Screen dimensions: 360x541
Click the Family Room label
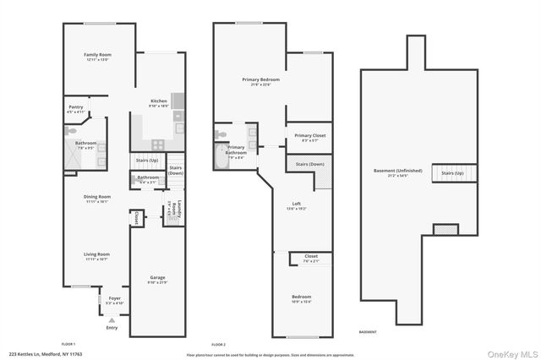98,57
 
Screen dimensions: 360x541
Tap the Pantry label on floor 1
76,109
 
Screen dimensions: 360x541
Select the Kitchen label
159,103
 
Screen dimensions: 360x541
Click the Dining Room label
97,199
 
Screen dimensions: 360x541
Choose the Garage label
157,279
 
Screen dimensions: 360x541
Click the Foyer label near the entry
113,300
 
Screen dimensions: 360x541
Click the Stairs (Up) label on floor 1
147,160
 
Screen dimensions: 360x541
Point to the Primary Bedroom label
260,81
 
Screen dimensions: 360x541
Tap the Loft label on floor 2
297,205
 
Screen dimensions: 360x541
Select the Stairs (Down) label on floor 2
309,164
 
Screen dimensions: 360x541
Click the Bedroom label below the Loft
302,298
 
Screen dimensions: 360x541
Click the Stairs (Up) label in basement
453,173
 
